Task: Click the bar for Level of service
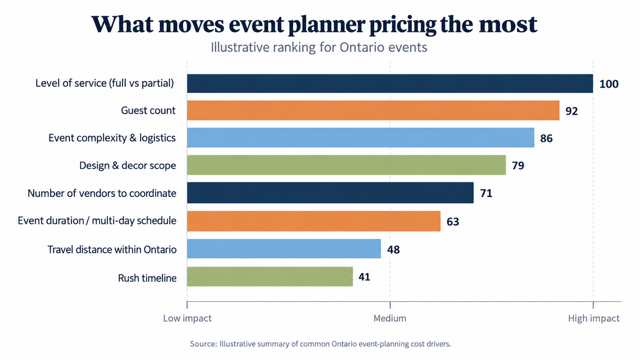[x=390, y=83]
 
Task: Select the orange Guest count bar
[x=373, y=110]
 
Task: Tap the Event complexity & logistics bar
[x=361, y=137]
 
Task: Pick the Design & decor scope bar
[x=346, y=165]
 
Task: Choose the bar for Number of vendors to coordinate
[x=330, y=192]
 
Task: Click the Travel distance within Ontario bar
[x=284, y=249]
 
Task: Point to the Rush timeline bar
[x=270, y=276]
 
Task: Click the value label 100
[x=609, y=84]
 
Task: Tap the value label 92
[x=571, y=111]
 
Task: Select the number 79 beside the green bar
[x=518, y=166]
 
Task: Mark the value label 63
[x=452, y=222]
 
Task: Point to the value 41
[x=364, y=277]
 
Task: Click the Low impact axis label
[x=187, y=318]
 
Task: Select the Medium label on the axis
[x=390, y=318]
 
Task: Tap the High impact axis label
[x=594, y=318]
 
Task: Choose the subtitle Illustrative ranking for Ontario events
[x=319, y=47]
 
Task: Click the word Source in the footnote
[x=203, y=344]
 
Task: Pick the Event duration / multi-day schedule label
[x=97, y=221]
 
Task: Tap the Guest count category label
[x=148, y=111]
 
